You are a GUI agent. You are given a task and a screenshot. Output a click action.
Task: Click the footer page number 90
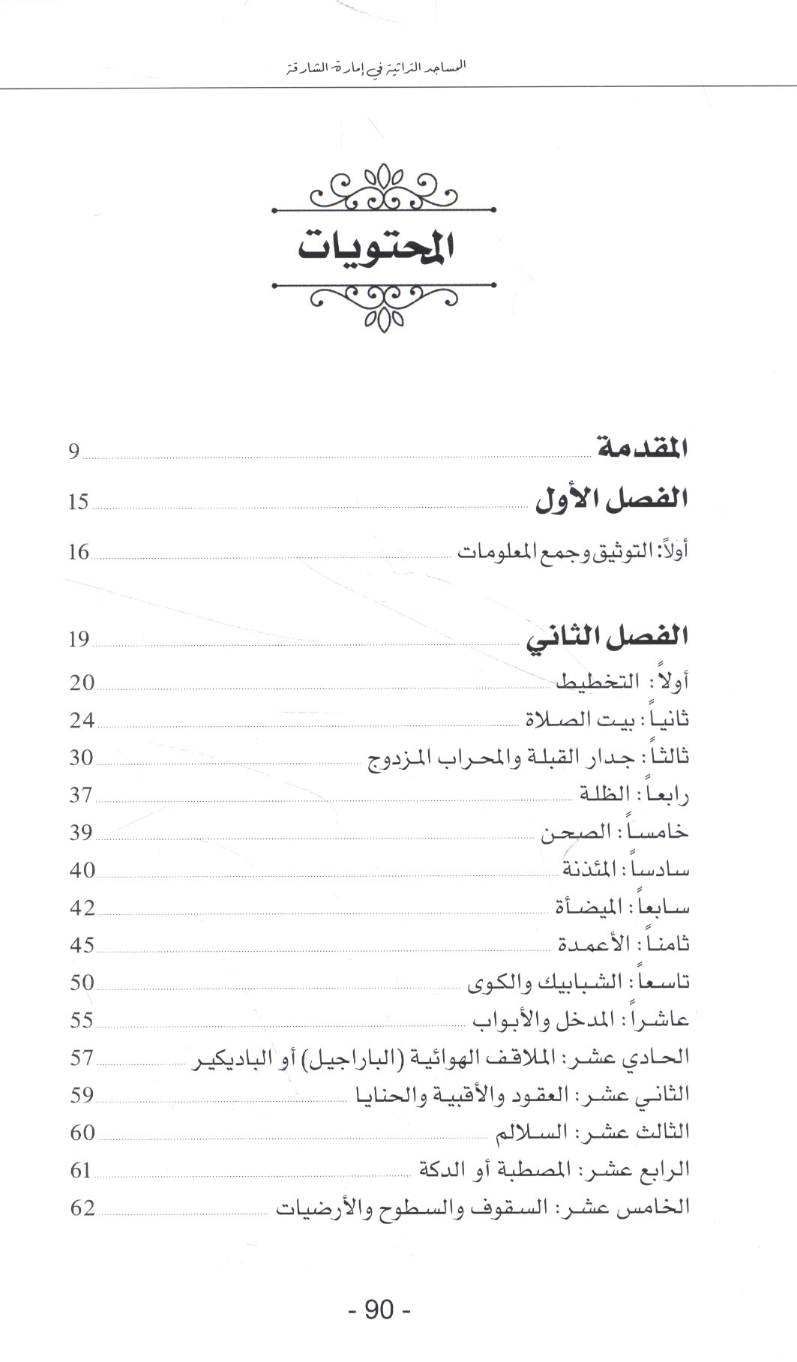379,1309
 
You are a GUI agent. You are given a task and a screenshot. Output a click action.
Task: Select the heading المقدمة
643,448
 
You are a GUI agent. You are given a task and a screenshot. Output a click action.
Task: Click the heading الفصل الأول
612,499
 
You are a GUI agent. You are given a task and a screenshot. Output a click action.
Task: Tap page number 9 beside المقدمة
73,451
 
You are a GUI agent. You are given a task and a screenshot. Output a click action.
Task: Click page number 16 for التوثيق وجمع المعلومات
79,553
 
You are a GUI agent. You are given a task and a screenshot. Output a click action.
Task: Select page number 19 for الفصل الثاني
79,640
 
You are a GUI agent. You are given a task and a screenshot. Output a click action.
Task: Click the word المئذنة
589,869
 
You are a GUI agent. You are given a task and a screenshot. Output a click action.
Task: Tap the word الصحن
573,832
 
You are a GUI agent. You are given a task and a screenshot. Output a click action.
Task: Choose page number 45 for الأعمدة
82,945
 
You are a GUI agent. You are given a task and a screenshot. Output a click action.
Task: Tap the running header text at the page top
377,67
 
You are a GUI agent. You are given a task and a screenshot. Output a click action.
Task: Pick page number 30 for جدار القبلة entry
81,757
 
